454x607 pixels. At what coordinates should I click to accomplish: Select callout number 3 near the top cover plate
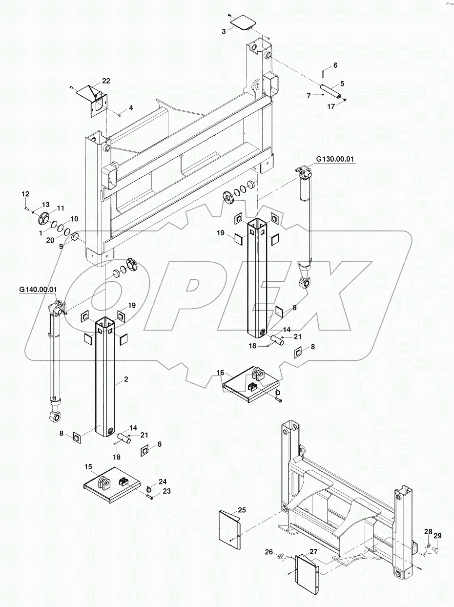pos(224,31)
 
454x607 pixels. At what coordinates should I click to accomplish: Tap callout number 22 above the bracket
pos(106,81)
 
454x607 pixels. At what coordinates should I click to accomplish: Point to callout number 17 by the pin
pos(331,106)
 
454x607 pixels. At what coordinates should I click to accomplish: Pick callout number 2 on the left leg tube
pos(126,379)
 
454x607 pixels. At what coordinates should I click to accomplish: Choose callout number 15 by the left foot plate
pos(88,467)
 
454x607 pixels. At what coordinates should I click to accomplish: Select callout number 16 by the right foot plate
pos(220,373)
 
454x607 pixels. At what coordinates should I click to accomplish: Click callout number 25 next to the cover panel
pos(241,510)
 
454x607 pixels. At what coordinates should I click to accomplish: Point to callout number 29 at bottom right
pos(437,536)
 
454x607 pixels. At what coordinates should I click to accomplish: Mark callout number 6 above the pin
pos(335,65)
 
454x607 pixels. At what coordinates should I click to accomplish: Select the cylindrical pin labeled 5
pos(331,91)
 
